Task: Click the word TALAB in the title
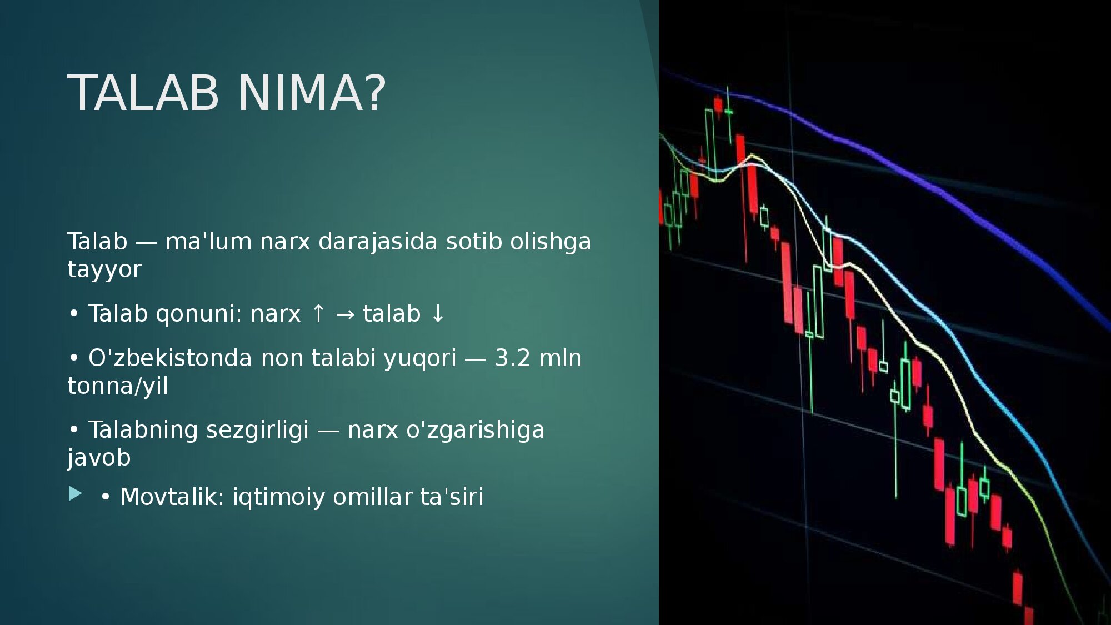pos(143,93)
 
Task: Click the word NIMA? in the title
pos(312,93)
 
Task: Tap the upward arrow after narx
pos(318,313)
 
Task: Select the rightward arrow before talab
pos(345,314)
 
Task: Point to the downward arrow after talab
pos(438,313)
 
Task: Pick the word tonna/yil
pos(118,386)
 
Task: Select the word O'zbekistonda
pos(170,358)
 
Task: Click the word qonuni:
pos(199,314)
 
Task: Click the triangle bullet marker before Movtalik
pos(75,493)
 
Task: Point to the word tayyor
pos(104,270)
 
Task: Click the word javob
pos(99,458)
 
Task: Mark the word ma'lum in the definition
pos(208,242)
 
